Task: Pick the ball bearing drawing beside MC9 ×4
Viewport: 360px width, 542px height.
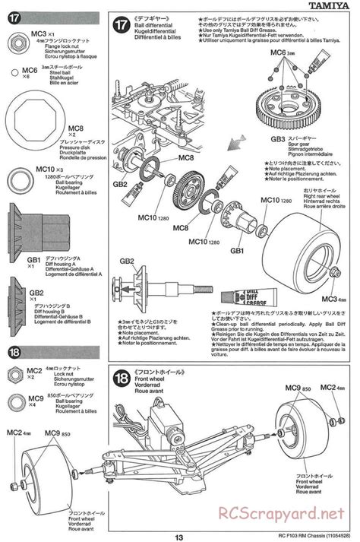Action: (16, 402)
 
